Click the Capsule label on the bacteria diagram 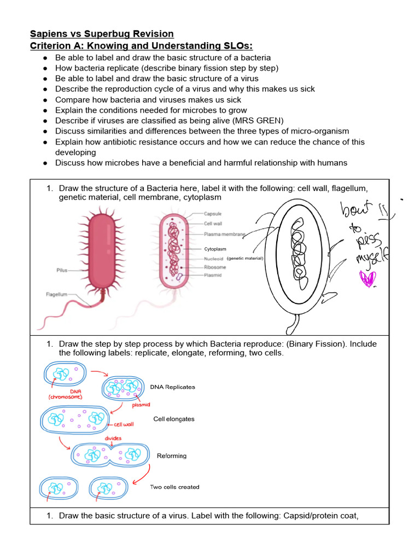pos(213,214)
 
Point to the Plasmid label pos(213,275)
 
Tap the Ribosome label pos(215,268)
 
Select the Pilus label pos(62,270)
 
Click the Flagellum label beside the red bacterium pos(57,294)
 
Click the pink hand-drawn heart pos(367,279)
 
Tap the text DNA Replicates pos(172,387)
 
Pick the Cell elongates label pos(173,419)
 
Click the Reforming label pos(172,456)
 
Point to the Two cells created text pos(174,487)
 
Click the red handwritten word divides pos(113,437)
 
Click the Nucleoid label pos(214,259)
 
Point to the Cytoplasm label pos(215,249)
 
